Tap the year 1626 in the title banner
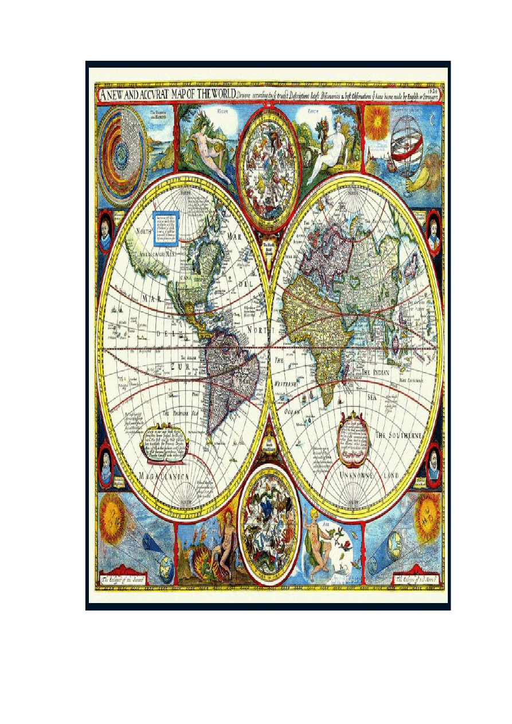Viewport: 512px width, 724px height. tap(435, 89)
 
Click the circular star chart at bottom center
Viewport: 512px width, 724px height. tap(268, 523)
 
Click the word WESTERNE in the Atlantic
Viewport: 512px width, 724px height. tap(285, 383)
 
